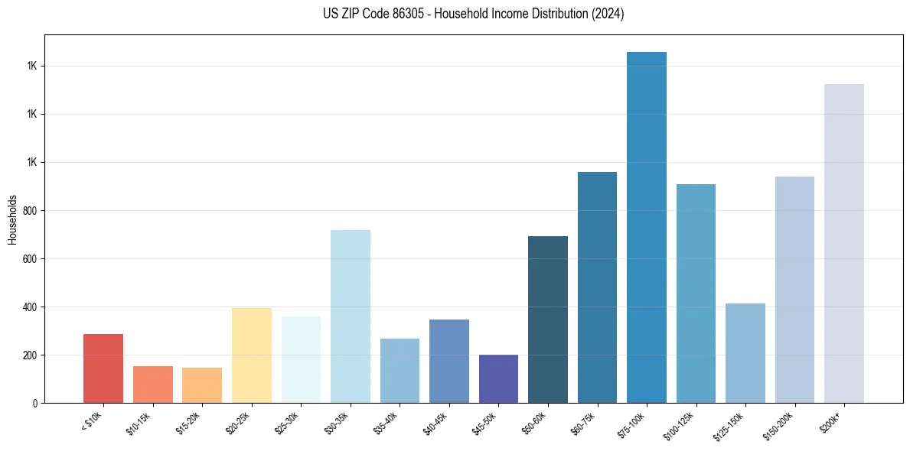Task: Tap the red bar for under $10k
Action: pyautogui.click(x=103, y=368)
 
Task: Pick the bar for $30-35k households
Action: pyautogui.click(x=351, y=316)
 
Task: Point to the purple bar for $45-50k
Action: pyautogui.click(x=498, y=378)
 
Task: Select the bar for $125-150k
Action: pyautogui.click(x=745, y=353)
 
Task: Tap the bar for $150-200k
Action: pyautogui.click(x=794, y=290)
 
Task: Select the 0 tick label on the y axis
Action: pyautogui.click(x=35, y=404)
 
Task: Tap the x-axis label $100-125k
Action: pyautogui.click(x=680, y=423)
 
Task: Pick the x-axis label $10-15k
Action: pyautogui.click(x=139, y=422)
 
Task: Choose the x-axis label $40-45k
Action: pyautogui.click(x=435, y=422)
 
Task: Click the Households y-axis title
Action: pyautogui.click(x=12, y=219)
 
